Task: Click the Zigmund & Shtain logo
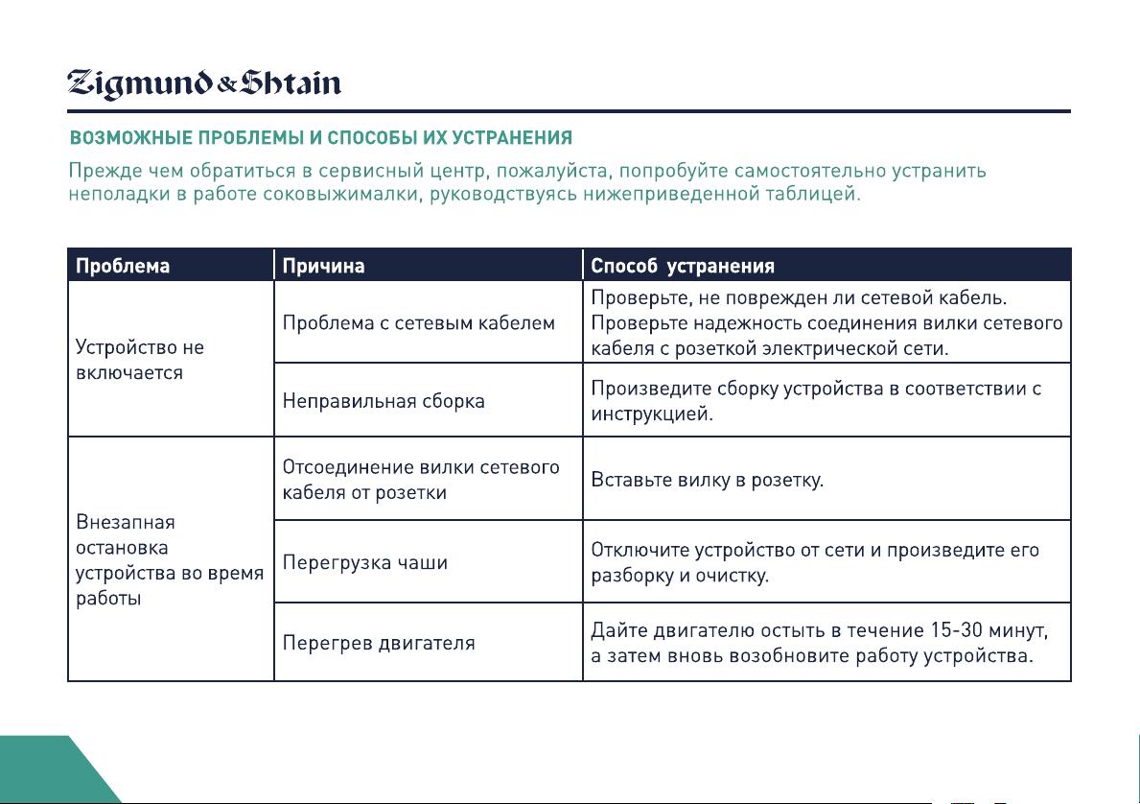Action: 203,83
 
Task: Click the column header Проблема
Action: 123,266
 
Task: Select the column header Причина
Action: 323,266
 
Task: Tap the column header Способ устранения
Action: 682,266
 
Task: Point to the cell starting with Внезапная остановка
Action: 170,559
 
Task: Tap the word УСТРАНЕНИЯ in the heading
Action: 512,137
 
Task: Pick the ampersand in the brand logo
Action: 227,85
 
